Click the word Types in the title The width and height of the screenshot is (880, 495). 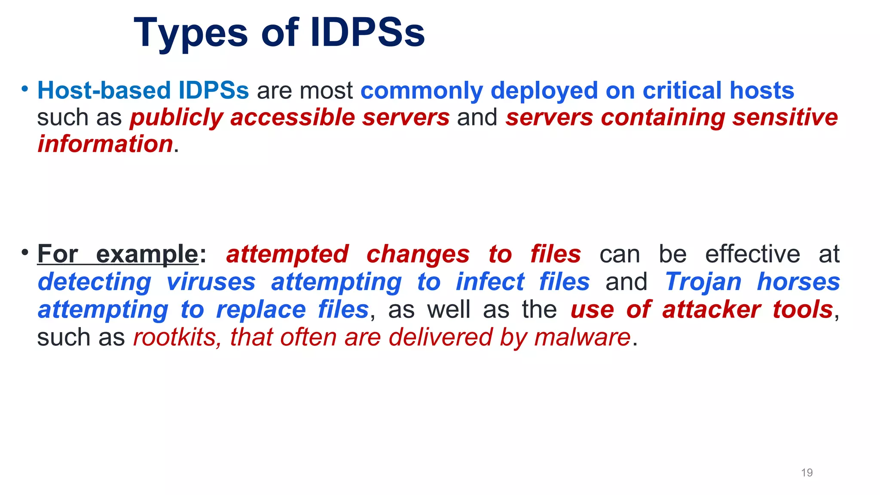click(x=191, y=34)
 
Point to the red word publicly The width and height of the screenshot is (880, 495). click(x=177, y=118)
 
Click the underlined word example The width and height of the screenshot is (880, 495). click(x=147, y=254)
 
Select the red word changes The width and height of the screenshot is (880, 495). click(x=418, y=254)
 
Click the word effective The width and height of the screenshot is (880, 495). click(x=752, y=254)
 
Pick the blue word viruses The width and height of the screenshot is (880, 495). click(x=211, y=282)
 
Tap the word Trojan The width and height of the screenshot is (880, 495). click(x=703, y=282)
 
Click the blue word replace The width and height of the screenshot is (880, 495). click(x=261, y=309)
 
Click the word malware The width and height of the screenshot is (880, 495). click(x=582, y=337)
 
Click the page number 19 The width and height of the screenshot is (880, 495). click(x=807, y=473)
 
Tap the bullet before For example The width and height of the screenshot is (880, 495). click(x=25, y=252)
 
